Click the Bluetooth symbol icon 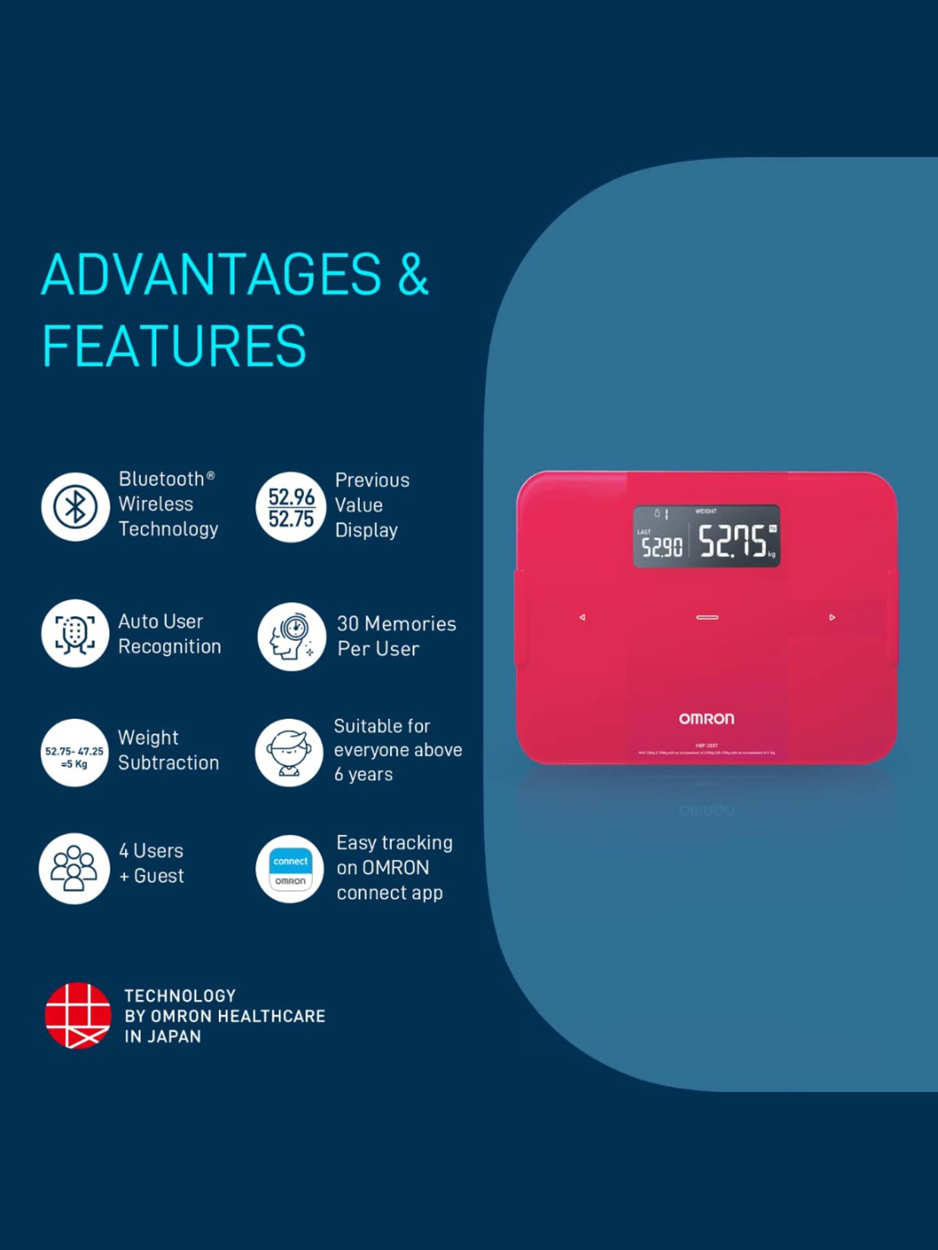pyautogui.click(x=75, y=506)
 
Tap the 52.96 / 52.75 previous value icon pyautogui.click(x=291, y=507)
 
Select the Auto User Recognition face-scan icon pyautogui.click(x=75, y=633)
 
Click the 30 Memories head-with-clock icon pyautogui.click(x=291, y=636)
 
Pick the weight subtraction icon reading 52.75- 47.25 pyautogui.click(x=74, y=752)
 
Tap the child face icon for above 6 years pyautogui.click(x=289, y=752)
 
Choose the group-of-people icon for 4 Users pyautogui.click(x=74, y=868)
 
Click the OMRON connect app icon pyautogui.click(x=290, y=869)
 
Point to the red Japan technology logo pyautogui.click(x=78, y=1015)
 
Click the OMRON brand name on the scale pyautogui.click(x=707, y=719)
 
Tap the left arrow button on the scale pyautogui.click(x=582, y=617)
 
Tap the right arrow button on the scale pyautogui.click(x=832, y=617)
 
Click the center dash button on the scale pyautogui.click(x=707, y=617)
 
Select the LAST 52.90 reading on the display pyautogui.click(x=662, y=547)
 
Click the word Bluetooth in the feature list pyautogui.click(x=161, y=479)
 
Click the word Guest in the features pyautogui.click(x=159, y=876)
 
